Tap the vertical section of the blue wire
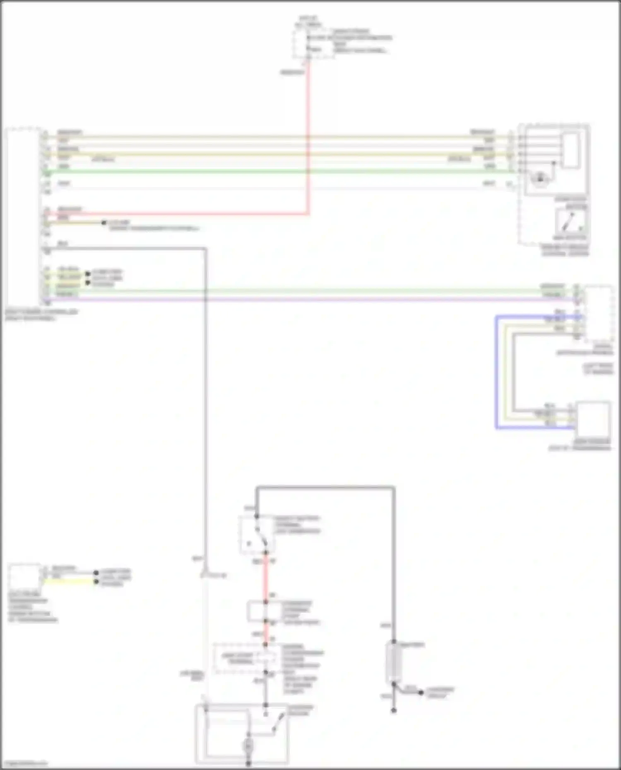[x=497, y=372]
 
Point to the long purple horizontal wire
[x=310, y=299]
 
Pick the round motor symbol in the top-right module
[x=540, y=179]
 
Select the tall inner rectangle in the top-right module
[x=570, y=150]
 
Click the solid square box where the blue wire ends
[x=593, y=419]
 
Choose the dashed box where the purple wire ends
[x=599, y=313]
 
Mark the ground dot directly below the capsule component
[x=394, y=711]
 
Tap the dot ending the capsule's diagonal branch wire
[x=421, y=693]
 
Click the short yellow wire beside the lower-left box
[x=68, y=582]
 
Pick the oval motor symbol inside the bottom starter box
[x=248, y=745]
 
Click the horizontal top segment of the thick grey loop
[x=325, y=487]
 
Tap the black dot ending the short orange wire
[x=104, y=223]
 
